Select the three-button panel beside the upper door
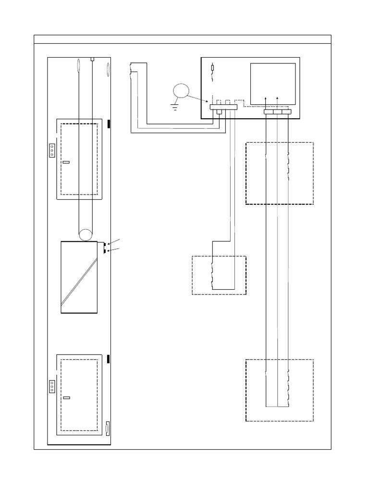coord(52,150)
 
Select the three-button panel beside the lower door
coord(52,386)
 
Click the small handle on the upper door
coord(66,162)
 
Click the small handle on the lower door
coord(66,398)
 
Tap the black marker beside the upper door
coord(109,124)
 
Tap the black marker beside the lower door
coord(109,358)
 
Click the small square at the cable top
coord(93,59)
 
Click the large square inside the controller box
coord(273,83)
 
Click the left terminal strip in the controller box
coord(224,109)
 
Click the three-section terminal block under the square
coord(278,111)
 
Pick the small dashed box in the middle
coord(219,275)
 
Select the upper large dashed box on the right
coord(279,173)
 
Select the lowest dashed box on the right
coord(279,390)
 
